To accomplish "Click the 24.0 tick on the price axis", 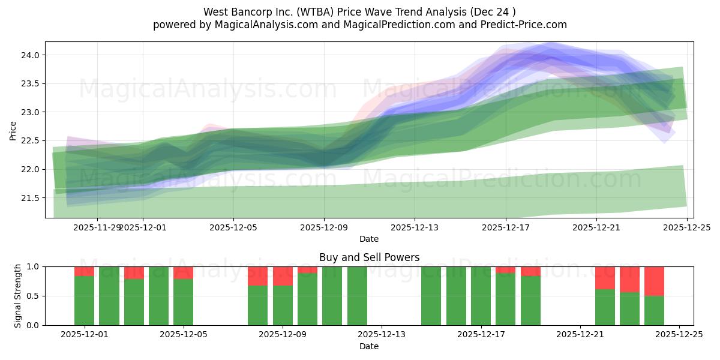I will [x=30, y=55].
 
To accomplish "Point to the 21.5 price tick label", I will [x=30, y=198].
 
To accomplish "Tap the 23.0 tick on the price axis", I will [x=30, y=112].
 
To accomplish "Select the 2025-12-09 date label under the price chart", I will [x=324, y=227].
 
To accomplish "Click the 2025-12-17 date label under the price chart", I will [x=505, y=227].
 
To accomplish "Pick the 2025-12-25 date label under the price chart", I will [x=686, y=227].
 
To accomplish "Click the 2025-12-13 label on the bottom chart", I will [x=382, y=335].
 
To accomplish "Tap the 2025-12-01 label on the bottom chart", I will [x=84, y=335].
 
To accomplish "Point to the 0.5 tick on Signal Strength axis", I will [x=32, y=296].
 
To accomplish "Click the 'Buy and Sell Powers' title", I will [x=369, y=257].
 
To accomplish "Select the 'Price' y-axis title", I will [x=13, y=130].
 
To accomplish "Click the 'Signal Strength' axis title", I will [x=18, y=295].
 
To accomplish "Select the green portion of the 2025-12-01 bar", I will [x=84, y=300].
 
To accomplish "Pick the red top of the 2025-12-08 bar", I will [x=257, y=276].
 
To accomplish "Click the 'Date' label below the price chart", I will [x=369, y=239].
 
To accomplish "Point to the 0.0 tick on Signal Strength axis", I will [x=32, y=325].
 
